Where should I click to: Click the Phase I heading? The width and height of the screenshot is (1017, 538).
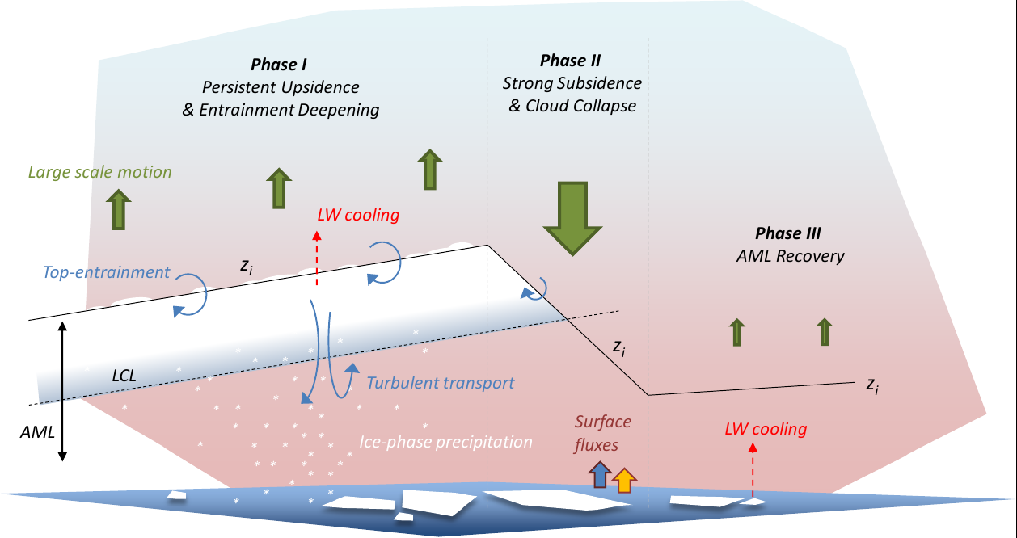[x=280, y=64]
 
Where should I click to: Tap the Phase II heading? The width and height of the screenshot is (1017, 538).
[x=570, y=61]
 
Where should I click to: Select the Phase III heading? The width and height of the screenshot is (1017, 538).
[x=787, y=233]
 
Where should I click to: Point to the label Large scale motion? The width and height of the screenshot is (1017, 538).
[x=100, y=171]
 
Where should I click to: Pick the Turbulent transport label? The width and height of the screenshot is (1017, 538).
[x=440, y=382]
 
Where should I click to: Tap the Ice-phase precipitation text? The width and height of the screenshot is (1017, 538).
[x=446, y=442]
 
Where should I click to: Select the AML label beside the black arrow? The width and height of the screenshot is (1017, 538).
[x=37, y=432]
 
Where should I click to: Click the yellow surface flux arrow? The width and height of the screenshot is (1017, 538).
[x=623, y=480]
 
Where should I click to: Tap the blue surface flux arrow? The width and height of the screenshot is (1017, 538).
[x=601, y=475]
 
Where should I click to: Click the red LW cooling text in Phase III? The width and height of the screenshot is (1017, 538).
[x=765, y=429]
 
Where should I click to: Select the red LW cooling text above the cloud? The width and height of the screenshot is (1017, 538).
[x=359, y=216]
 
